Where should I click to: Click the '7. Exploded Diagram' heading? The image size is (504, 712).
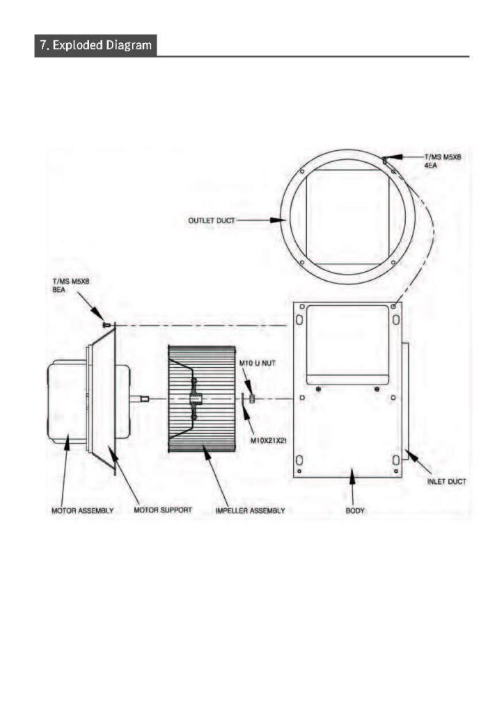pyautogui.click(x=95, y=45)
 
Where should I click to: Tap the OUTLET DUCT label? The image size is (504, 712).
pyautogui.click(x=212, y=220)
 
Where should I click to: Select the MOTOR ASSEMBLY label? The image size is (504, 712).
pyautogui.click(x=82, y=511)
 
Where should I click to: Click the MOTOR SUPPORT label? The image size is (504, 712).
pyautogui.click(x=163, y=510)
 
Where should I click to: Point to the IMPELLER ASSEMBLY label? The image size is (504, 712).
pyautogui.click(x=250, y=511)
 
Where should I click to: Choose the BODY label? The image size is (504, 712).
pyautogui.click(x=355, y=511)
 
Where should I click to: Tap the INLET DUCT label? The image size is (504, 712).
pyautogui.click(x=447, y=482)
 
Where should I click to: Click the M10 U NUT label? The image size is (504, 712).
pyautogui.click(x=258, y=364)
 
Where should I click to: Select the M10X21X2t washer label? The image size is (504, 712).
pyautogui.click(x=268, y=440)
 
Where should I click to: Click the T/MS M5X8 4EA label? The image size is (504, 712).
pyautogui.click(x=443, y=161)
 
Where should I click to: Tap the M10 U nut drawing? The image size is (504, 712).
pyautogui.click(x=252, y=398)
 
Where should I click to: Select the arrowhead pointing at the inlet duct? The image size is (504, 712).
pyautogui.click(x=411, y=455)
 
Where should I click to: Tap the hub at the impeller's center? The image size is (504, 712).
pyautogui.click(x=194, y=399)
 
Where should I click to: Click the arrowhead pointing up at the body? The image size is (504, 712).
pyautogui.click(x=352, y=476)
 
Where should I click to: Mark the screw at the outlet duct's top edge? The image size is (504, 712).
pyautogui.click(x=385, y=161)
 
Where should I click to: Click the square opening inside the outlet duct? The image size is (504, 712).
pyautogui.click(x=347, y=218)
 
